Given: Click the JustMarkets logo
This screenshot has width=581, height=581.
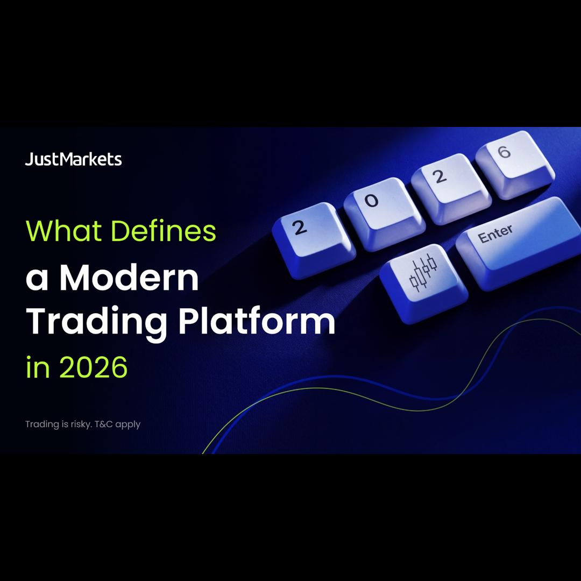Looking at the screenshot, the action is click(73, 159).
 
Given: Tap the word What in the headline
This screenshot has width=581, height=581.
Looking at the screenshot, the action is click(63, 230).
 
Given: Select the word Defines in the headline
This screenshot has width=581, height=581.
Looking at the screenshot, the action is click(164, 230).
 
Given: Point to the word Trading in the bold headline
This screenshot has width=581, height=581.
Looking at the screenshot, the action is click(96, 322).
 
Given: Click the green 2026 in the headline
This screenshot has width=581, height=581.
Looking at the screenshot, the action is click(93, 367).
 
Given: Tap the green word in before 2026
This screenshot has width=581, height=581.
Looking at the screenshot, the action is click(38, 366).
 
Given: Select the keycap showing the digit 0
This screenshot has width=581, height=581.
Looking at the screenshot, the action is click(384, 214).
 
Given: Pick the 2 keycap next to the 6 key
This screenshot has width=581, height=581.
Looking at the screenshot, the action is click(451, 188).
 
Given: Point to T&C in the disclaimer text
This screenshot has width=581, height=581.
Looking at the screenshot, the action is click(104, 424).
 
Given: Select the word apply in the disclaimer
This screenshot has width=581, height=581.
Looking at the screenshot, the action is click(128, 425).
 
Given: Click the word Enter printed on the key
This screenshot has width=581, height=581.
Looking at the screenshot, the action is click(495, 234).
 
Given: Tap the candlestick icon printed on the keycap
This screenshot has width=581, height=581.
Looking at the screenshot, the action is click(423, 272).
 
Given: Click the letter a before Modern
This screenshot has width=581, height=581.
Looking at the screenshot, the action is click(37, 280).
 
